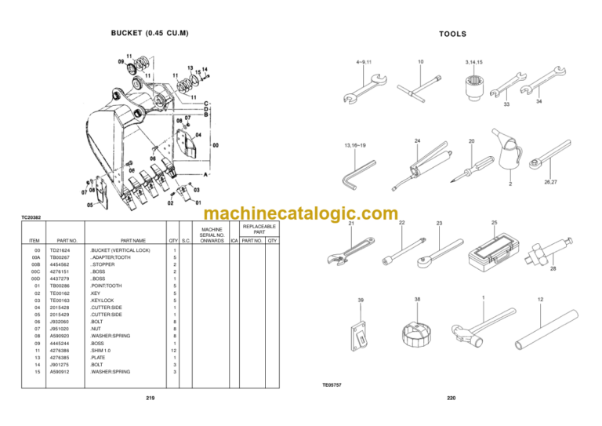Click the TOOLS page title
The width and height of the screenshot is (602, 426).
point(452,34)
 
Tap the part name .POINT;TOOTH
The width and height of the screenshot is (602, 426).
point(107,286)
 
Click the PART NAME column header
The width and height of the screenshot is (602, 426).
point(132,239)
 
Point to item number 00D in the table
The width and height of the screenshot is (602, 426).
point(35,279)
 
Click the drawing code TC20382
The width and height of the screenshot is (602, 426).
point(32,217)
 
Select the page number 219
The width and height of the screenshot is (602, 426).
point(150,399)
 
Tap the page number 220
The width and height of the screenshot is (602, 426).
point(451,399)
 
